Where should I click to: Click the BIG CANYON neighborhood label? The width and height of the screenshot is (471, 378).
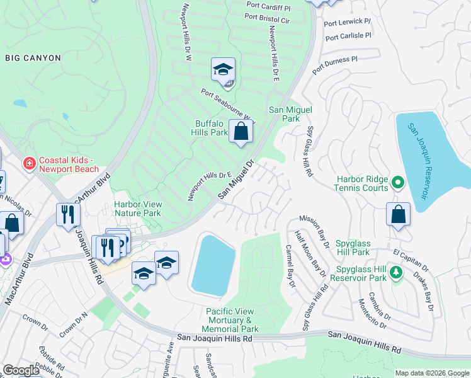(33, 58)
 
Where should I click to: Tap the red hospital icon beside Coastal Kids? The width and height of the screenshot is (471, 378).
(29, 164)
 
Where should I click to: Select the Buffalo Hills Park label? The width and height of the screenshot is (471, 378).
(210, 128)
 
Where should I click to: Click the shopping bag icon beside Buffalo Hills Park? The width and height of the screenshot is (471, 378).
(241, 132)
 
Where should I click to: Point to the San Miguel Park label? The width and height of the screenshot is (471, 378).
(290, 113)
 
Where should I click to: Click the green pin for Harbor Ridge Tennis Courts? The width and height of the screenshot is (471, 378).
(397, 183)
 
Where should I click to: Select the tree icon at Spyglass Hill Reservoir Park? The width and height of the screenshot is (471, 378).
(396, 272)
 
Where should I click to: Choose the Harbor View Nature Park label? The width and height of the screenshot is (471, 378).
(137, 209)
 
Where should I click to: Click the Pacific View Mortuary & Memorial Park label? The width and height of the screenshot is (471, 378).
(232, 320)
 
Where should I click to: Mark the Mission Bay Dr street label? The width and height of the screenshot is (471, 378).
(313, 229)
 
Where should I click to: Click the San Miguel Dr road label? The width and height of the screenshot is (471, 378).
(235, 180)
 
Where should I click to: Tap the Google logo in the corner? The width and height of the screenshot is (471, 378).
(21, 370)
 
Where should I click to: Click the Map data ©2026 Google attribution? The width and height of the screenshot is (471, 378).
(432, 373)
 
